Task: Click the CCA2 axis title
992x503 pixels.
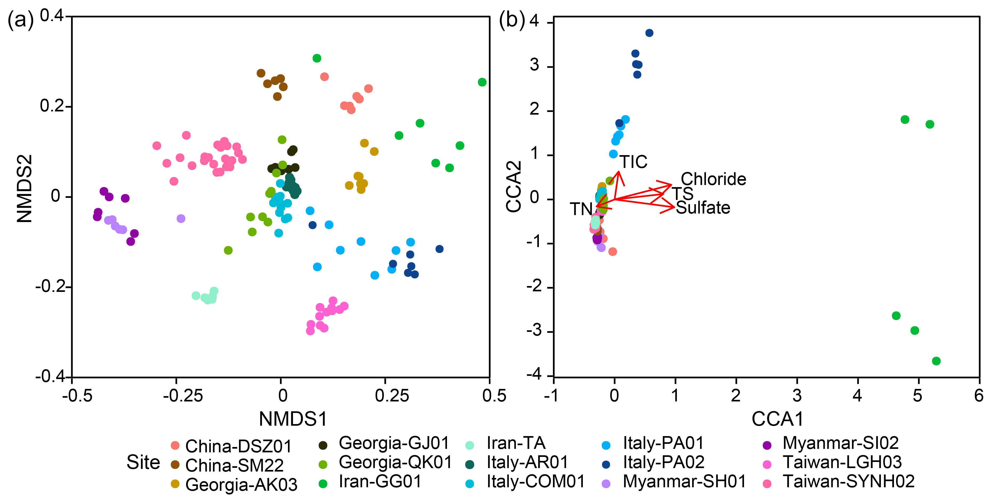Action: [x=514, y=187]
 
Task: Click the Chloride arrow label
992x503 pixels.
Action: [x=713, y=179]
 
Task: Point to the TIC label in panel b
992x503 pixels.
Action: [x=633, y=162]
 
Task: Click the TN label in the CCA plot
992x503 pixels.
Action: [x=581, y=209]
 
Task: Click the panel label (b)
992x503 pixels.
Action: [x=512, y=19]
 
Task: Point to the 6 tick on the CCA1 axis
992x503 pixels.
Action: [x=978, y=396]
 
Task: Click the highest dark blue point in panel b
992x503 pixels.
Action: [x=649, y=33]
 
